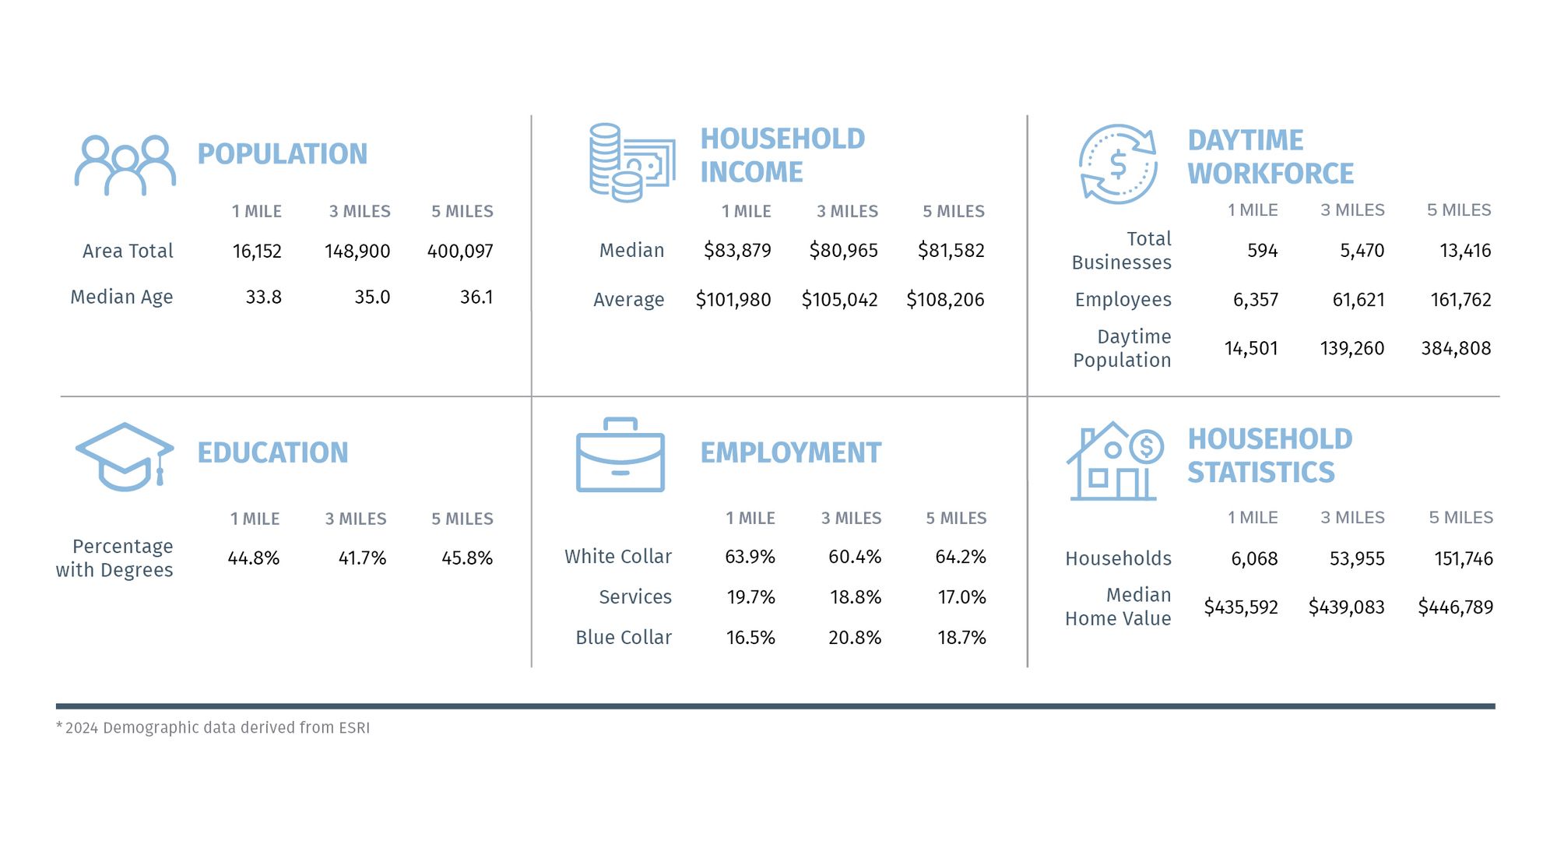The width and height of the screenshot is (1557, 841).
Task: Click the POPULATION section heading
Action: [282, 154]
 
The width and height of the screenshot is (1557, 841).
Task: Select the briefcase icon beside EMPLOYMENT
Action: [620, 456]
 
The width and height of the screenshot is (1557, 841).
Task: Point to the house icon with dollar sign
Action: [1114, 462]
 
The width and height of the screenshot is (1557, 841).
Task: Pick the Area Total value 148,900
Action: [357, 252]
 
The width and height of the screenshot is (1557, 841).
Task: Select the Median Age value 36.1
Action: [476, 297]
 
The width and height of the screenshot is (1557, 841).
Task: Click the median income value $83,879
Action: [737, 251]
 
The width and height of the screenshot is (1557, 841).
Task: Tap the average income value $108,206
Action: [945, 300]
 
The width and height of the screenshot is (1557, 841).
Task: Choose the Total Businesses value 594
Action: [1262, 251]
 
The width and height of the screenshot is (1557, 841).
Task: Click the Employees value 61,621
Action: [1358, 300]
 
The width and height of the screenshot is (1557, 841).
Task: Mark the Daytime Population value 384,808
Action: [1456, 348]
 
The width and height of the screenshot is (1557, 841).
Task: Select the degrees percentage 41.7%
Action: [362, 558]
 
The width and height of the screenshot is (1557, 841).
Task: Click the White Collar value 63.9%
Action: [750, 557]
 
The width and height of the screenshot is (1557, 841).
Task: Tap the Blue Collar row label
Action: [624, 638]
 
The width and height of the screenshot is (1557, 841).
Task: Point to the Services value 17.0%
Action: [961, 597]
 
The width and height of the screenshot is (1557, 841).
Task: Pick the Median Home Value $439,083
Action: [1346, 607]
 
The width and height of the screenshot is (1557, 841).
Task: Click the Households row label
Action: [1118, 559]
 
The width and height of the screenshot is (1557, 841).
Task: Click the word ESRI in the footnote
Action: [354, 728]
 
